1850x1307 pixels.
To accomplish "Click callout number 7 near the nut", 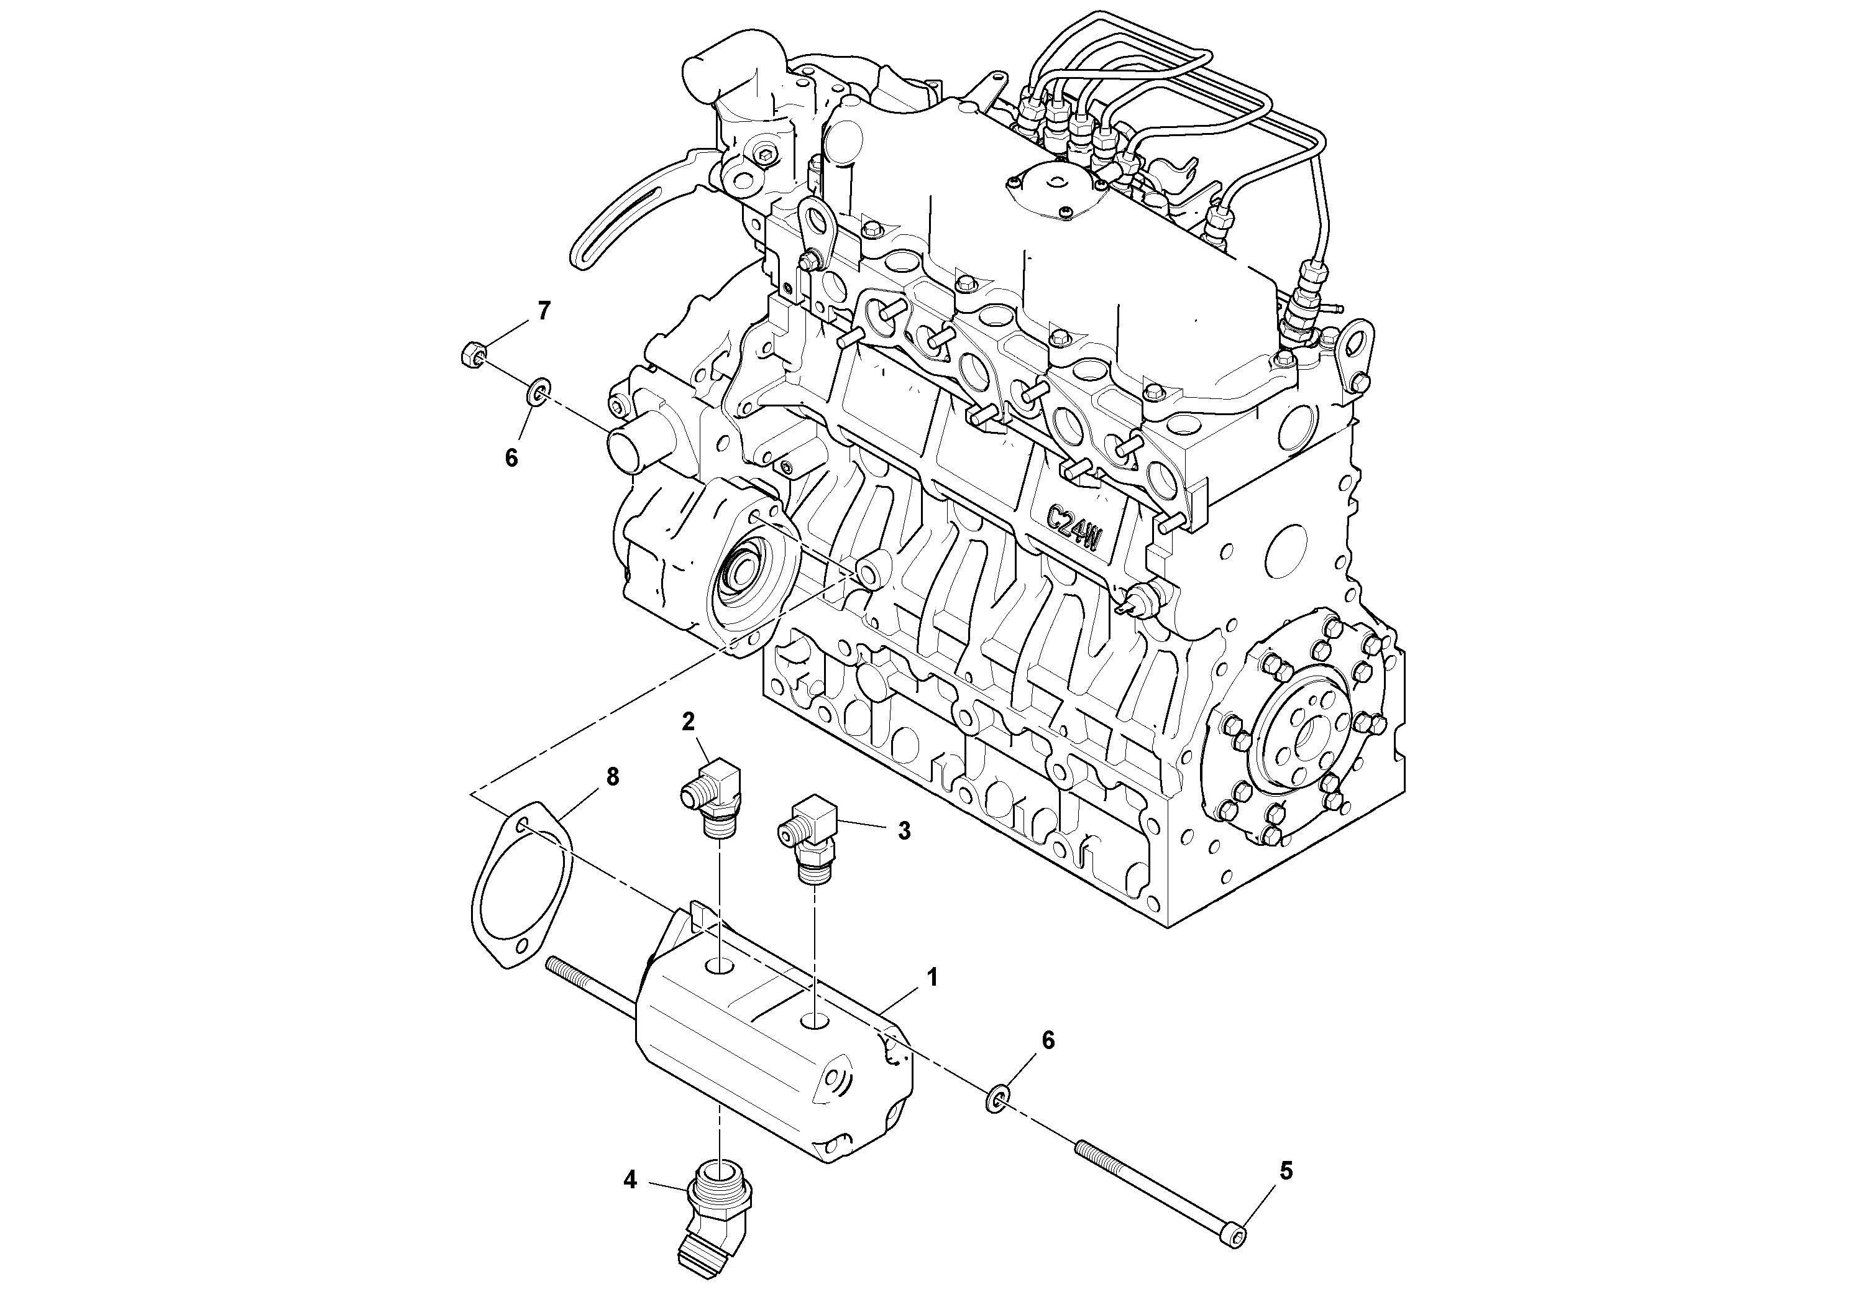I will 544,310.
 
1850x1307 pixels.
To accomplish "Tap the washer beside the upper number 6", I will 538,394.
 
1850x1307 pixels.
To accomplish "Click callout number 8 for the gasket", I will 612,777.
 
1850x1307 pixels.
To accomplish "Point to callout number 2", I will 687,721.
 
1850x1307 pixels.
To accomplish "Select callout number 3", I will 904,831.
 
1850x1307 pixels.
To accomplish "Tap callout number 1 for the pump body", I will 932,978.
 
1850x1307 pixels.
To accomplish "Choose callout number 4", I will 630,1180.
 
